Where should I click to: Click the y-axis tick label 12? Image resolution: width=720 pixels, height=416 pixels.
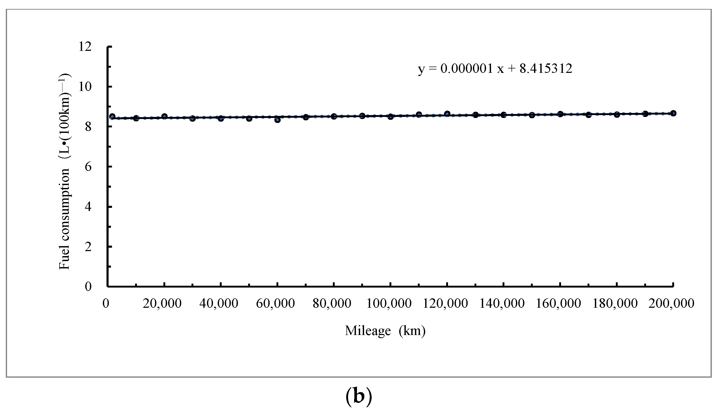point(85,47)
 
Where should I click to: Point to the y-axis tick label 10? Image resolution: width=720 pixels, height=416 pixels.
point(85,87)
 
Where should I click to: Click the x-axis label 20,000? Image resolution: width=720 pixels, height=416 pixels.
point(162,303)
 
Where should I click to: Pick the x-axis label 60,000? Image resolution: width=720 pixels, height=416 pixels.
point(275,303)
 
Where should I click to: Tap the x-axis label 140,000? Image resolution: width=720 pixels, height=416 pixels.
point(502,303)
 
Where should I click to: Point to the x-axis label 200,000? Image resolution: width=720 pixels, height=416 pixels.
point(671,303)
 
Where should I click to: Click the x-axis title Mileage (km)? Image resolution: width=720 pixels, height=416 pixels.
point(385,331)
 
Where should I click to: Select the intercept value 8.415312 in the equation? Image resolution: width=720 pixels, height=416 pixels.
point(546,68)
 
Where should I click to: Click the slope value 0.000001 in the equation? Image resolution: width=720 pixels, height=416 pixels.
point(467,68)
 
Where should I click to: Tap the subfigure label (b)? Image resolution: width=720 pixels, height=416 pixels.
point(359,396)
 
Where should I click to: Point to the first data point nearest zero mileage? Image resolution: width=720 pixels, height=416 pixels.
point(112,116)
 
